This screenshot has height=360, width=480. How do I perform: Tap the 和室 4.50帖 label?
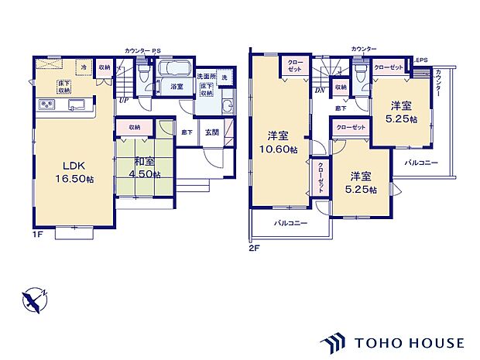[x=145, y=168]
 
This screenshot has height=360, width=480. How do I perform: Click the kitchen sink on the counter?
[x=76, y=106]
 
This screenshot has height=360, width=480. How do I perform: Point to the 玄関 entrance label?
[x=211, y=132]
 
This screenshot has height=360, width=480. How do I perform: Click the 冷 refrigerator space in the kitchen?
[x=82, y=67]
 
